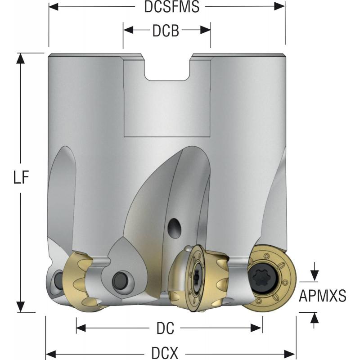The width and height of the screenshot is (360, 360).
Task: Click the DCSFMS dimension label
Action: (x=166, y=7)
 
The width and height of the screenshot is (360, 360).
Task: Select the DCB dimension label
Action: (x=166, y=31)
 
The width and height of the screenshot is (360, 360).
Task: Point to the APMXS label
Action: (x=323, y=296)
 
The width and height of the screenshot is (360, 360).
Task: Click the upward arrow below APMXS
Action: (x=315, y=317)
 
